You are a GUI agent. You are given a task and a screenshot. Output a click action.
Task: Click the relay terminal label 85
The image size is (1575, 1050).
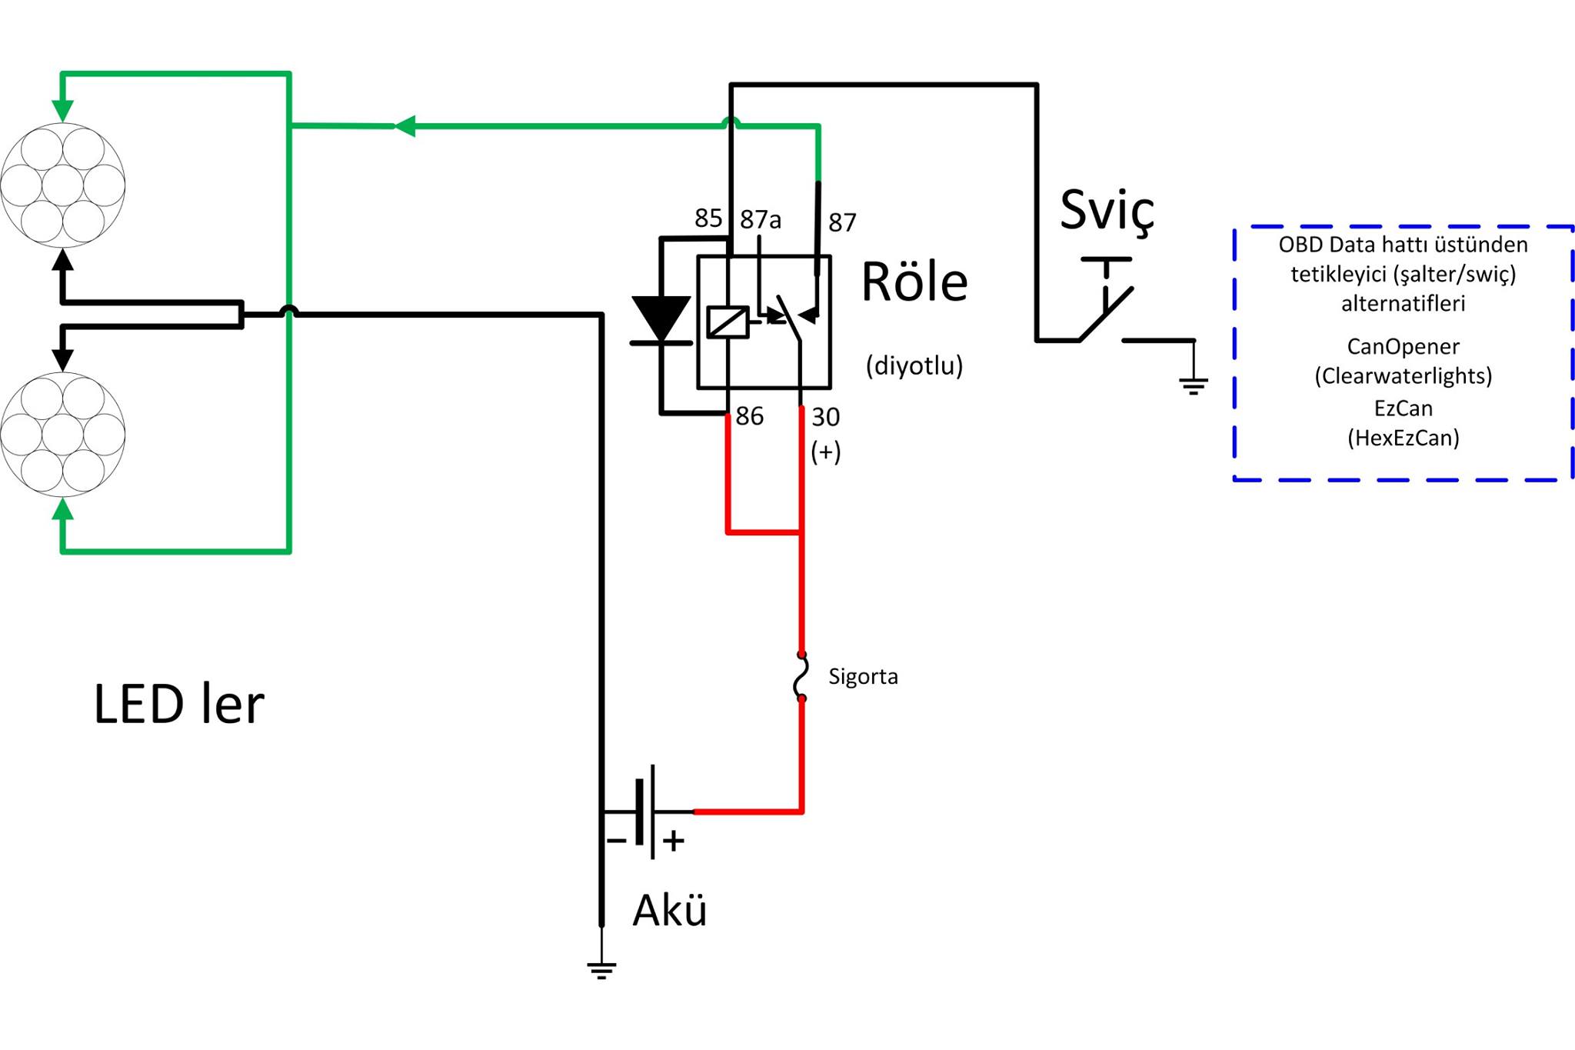pyautogui.click(x=708, y=218)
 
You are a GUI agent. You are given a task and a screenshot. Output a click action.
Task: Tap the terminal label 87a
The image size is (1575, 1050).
pyautogui.click(x=761, y=220)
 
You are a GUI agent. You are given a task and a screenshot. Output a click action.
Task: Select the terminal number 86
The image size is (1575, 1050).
pyautogui.click(x=750, y=416)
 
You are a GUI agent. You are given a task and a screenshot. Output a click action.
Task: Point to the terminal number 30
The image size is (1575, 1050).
pyautogui.click(x=825, y=417)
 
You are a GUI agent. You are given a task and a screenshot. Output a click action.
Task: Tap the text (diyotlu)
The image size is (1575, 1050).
pyautogui.click(x=914, y=365)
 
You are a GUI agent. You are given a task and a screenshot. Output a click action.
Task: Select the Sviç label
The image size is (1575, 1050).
pyautogui.click(x=1107, y=211)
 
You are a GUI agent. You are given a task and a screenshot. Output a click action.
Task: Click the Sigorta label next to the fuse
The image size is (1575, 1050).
pyautogui.click(x=863, y=677)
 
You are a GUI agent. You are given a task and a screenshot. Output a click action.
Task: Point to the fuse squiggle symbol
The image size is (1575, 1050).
pyautogui.click(x=801, y=676)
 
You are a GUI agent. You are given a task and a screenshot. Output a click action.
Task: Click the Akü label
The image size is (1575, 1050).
pyautogui.click(x=670, y=911)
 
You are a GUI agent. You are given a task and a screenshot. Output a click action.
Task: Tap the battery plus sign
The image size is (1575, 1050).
pyautogui.click(x=674, y=841)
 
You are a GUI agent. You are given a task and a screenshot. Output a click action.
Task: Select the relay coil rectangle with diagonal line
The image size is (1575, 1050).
pyautogui.click(x=728, y=322)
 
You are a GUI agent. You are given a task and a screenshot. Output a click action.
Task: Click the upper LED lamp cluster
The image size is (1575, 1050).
pyautogui.click(x=62, y=185)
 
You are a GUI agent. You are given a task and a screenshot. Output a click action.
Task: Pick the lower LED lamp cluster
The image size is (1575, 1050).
pyautogui.click(x=62, y=435)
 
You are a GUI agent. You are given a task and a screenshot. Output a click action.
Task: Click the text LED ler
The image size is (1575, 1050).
pyautogui.click(x=179, y=704)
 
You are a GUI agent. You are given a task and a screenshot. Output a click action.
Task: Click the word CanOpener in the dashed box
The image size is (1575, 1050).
pyautogui.click(x=1403, y=347)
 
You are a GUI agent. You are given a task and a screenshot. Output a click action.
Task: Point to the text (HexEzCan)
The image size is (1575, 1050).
pyautogui.click(x=1403, y=438)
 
